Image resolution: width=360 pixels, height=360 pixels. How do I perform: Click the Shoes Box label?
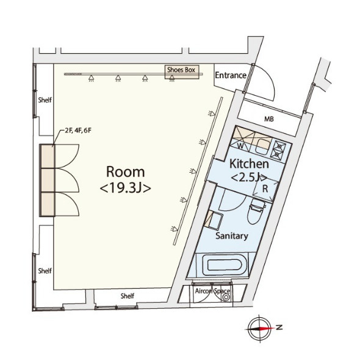point(181,70)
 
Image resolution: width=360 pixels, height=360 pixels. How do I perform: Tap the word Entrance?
point(231,75)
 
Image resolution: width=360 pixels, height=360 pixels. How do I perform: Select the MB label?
point(269,119)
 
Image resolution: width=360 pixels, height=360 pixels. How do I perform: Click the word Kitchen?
point(249,164)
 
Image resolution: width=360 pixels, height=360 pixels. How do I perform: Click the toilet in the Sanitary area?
point(256,211)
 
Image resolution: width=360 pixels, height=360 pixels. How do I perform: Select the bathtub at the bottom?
point(225,265)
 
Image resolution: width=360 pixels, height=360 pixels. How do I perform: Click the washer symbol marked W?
point(240,146)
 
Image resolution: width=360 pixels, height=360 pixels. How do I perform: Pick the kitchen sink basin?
point(263,146)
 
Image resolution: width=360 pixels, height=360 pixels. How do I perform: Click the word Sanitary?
point(232,236)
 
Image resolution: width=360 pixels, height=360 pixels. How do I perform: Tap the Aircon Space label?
point(212,291)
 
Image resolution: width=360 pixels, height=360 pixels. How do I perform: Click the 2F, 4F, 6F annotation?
point(78,131)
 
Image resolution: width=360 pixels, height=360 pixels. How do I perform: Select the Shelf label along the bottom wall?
point(127,296)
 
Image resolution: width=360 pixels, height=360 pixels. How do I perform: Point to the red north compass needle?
point(267,328)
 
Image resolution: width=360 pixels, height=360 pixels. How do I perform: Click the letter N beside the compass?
point(279,327)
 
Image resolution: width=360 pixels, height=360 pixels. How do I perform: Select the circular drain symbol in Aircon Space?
point(226,297)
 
